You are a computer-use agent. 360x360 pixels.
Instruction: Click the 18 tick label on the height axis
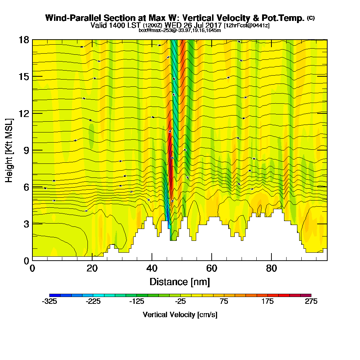pyautogui.click(x=24, y=40)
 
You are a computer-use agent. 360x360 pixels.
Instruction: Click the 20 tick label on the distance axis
pyautogui.click(x=92, y=269)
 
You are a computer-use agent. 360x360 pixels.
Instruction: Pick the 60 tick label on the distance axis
pyautogui.click(x=212, y=269)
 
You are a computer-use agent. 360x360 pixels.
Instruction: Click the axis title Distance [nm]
pyautogui.click(x=180, y=281)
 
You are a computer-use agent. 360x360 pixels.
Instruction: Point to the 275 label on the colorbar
pyautogui.click(x=311, y=302)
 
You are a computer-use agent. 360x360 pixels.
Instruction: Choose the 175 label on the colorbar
pyautogui.click(x=267, y=302)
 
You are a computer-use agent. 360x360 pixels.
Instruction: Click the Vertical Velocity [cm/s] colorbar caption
pyautogui.click(x=180, y=315)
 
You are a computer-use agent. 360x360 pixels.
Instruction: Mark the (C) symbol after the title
pyautogui.click(x=311, y=18)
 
